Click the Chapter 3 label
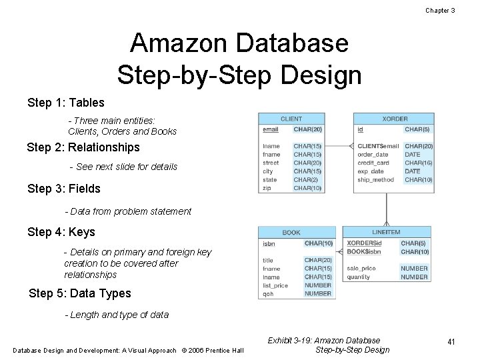point(439,10)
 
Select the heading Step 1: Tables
point(65,102)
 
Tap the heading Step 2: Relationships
point(83,147)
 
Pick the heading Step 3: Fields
point(64,189)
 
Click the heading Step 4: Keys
point(61,232)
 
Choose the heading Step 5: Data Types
point(80,293)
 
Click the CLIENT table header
point(291,119)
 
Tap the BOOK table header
point(291,233)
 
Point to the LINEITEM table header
point(386,233)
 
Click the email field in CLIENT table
point(271,129)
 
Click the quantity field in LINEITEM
point(358,277)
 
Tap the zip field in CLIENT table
point(267,188)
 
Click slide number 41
point(451,342)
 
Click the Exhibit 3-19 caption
point(324,340)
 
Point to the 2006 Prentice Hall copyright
point(213,351)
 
